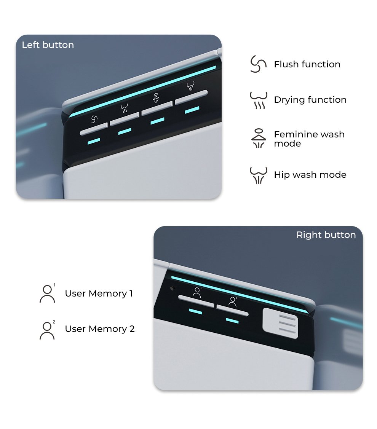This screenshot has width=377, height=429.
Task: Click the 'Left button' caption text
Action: point(48,45)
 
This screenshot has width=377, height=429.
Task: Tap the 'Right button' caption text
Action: point(326,235)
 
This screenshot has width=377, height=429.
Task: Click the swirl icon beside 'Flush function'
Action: point(258,64)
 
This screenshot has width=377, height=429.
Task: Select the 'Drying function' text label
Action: point(310,100)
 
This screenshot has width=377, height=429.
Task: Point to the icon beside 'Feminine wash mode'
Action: point(259,138)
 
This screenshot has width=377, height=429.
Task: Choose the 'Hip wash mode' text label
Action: point(310,175)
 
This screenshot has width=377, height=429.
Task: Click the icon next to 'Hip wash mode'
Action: point(259,175)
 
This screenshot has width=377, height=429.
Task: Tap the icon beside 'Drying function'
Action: point(259,100)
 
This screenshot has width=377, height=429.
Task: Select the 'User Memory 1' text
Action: point(99,293)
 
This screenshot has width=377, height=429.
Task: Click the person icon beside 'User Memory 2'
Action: point(47,330)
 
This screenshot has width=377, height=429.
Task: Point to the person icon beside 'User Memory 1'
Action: point(47,293)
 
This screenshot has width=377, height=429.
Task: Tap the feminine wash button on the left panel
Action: point(157,108)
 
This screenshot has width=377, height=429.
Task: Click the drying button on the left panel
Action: point(125,119)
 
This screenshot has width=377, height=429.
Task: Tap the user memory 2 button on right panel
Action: point(232,310)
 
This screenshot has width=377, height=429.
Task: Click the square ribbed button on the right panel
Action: point(280,324)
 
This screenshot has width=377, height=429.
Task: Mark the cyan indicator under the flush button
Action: point(94,141)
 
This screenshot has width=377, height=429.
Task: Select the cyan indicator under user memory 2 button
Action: point(232,321)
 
